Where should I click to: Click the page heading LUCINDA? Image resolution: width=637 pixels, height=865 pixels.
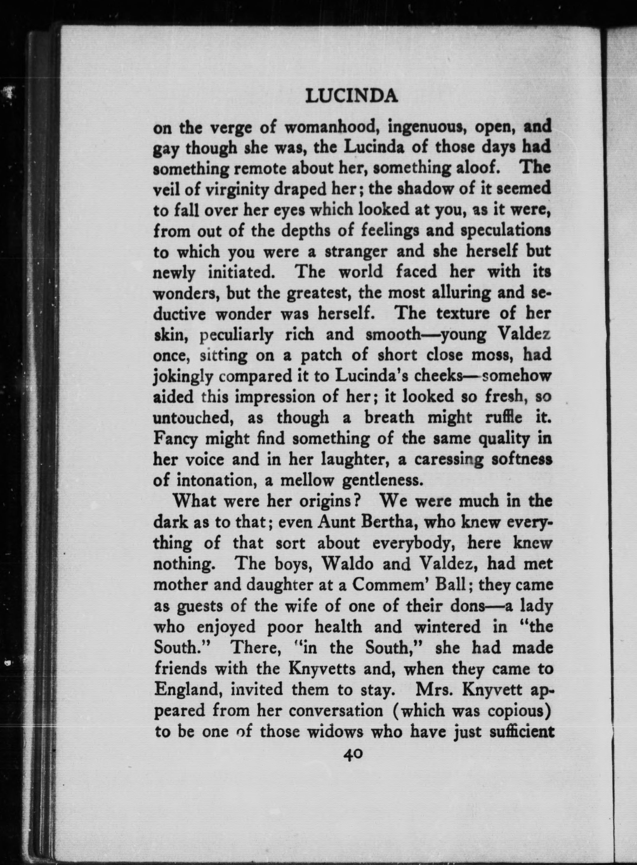[351, 97]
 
